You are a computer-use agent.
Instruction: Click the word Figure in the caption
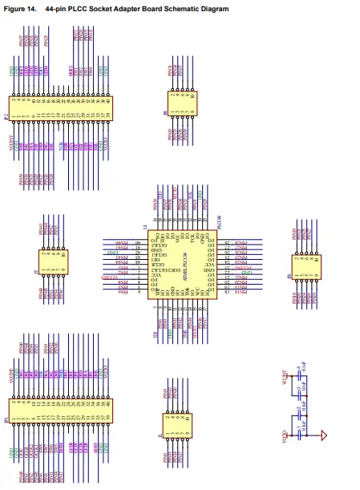point(15,9)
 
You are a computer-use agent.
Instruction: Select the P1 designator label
point(6,418)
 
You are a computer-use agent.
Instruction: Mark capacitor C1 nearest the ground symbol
point(301,435)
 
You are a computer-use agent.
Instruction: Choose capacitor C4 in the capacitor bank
point(301,371)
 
